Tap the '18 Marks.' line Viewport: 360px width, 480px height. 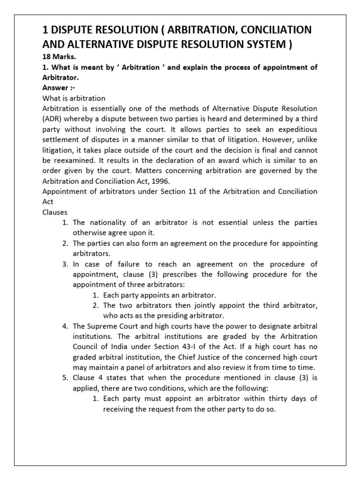point(58,58)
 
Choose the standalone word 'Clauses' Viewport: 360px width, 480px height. point(55,212)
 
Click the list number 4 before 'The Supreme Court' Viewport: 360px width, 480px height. point(65,326)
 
